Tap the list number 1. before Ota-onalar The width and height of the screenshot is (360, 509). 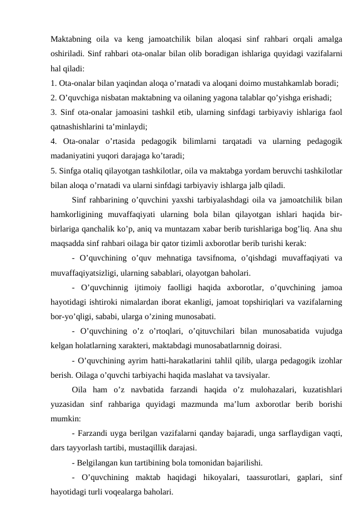point(54,82)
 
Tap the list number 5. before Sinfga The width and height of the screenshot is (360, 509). point(54,170)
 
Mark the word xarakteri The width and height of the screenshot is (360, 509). point(124,345)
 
